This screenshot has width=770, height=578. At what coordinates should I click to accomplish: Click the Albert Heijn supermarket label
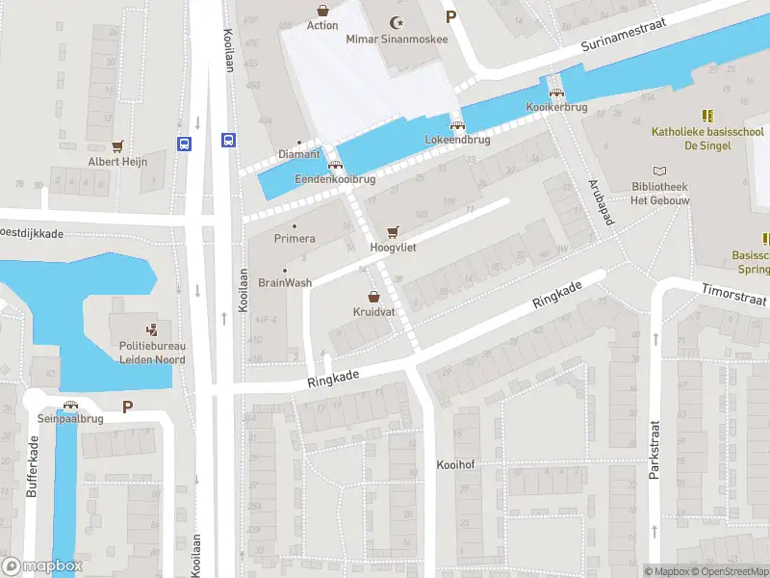point(117,162)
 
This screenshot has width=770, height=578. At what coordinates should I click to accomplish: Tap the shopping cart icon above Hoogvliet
point(392,232)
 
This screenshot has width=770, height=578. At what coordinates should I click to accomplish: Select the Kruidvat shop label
point(373,313)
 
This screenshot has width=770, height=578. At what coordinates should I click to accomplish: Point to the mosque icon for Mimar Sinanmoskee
point(393,23)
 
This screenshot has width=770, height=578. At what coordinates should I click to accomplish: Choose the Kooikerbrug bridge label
point(555,108)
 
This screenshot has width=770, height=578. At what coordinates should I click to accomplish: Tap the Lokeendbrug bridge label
point(457,140)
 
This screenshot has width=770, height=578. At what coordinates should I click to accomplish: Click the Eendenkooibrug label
point(334,179)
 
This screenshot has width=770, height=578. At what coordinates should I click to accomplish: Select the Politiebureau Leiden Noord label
point(152,354)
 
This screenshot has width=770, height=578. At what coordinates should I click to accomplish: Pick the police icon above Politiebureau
point(152,329)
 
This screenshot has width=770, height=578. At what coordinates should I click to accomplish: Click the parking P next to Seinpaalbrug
point(127,407)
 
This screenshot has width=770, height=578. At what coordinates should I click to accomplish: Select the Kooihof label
point(455,464)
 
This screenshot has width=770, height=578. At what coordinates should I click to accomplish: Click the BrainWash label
point(285,283)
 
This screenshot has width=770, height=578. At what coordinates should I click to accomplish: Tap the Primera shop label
point(295,238)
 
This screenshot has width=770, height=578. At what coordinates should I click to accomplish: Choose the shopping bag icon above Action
point(322,10)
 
